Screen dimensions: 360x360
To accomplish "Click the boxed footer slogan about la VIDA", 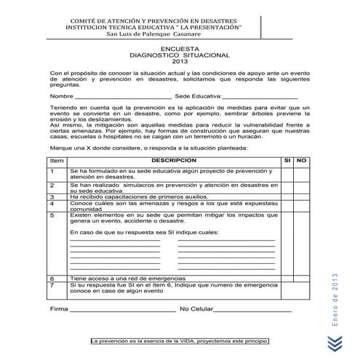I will pyautogui.click(x=179, y=340).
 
